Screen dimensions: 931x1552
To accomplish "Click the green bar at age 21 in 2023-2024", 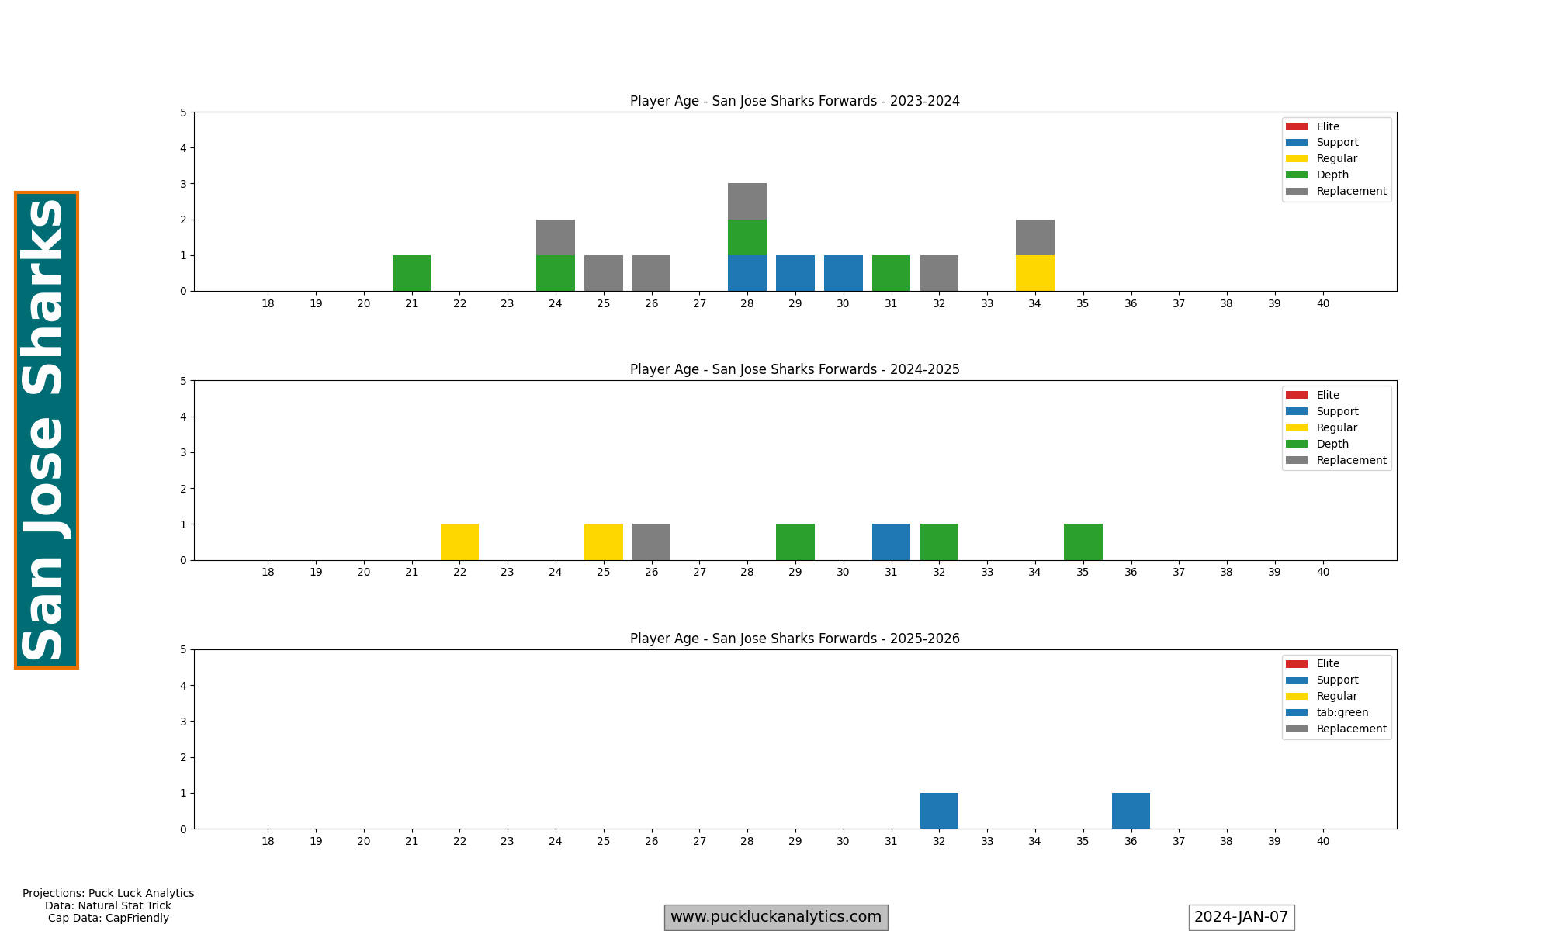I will (x=411, y=273).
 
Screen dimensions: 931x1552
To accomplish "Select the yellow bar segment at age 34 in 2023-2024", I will (x=1034, y=273).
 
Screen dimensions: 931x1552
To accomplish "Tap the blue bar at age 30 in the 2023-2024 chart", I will (x=843, y=273).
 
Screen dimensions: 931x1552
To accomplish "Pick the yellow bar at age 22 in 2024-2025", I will (x=459, y=542).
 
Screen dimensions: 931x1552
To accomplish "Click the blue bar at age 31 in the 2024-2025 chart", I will (x=891, y=542).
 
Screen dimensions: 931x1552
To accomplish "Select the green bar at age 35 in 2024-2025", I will (x=1083, y=542).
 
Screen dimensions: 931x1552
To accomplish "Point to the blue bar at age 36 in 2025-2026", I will (x=1131, y=811).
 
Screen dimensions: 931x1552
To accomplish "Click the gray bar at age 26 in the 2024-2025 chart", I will (x=651, y=542).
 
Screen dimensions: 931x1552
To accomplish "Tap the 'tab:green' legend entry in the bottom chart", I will (x=1342, y=712).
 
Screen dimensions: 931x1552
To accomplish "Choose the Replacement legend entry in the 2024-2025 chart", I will (x=1351, y=460).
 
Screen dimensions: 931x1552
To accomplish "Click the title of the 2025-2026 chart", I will (x=795, y=639).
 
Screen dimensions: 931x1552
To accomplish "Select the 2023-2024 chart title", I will (x=795, y=101).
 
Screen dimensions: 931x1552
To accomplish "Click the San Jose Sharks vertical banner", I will (x=47, y=430).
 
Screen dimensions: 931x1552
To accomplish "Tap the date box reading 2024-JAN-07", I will (x=1241, y=917).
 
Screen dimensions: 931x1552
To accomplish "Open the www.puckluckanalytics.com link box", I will (x=776, y=917).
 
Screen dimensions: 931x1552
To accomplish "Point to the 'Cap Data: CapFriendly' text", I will (x=109, y=918).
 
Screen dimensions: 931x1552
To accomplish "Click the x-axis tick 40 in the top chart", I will (x=1322, y=303).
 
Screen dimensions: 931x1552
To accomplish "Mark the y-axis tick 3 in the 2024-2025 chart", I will (x=184, y=452).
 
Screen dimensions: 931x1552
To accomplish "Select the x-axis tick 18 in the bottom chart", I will (x=268, y=841).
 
